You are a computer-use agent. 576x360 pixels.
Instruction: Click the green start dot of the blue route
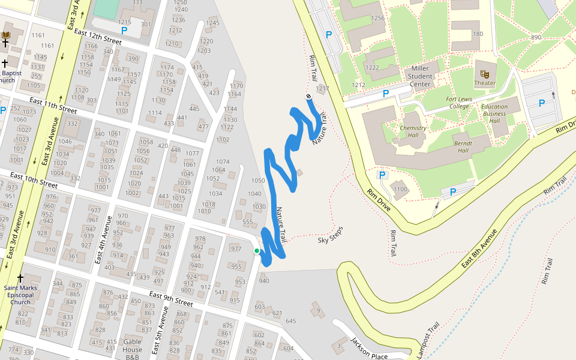point(257,251)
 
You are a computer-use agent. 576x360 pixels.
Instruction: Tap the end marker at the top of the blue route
point(309,96)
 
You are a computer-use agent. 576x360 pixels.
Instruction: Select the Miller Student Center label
point(424,76)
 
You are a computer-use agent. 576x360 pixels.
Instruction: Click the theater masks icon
point(485,73)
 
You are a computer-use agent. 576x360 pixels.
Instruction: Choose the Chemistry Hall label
point(413,132)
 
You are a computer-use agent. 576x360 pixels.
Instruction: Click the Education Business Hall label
point(494,114)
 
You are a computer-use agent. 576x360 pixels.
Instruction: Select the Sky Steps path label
point(331,235)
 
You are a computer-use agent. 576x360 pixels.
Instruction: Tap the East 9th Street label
point(171,299)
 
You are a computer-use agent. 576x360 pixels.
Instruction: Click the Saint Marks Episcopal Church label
point(20,295)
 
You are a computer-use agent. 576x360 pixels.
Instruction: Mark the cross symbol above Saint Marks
point(20,278)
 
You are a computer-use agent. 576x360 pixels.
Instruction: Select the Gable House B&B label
point(132,349)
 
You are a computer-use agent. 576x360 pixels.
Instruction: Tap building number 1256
point(377,18)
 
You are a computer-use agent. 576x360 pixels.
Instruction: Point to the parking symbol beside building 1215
point(124,30)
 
